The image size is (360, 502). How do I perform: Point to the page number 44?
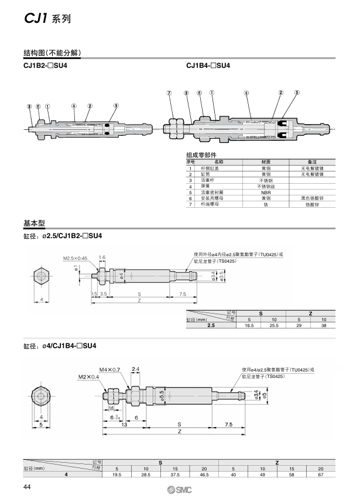pyautogui.click(x=27, y=489)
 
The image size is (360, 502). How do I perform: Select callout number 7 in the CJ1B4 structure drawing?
pyautogui.click(x=169, y=92)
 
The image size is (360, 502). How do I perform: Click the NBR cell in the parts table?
pyautogui.click(x=266, y=192)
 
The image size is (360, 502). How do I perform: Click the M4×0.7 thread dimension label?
pyautogui.click(x=109, y=369)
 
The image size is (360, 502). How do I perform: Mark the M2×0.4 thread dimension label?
pyautogui.click(x=88, y=377)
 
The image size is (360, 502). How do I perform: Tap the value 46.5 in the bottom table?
pyautogui.click(x=204, y=475)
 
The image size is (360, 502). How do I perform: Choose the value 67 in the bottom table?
pyautogui.click(x=320, y=475)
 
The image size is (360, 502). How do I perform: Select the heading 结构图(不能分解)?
pyautogui.click(x=52, y=53)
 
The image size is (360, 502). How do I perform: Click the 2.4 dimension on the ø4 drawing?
pyautogui.click(x=135, y=369)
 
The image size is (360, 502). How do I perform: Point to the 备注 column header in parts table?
pyautogui.click(x=312, y=161)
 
